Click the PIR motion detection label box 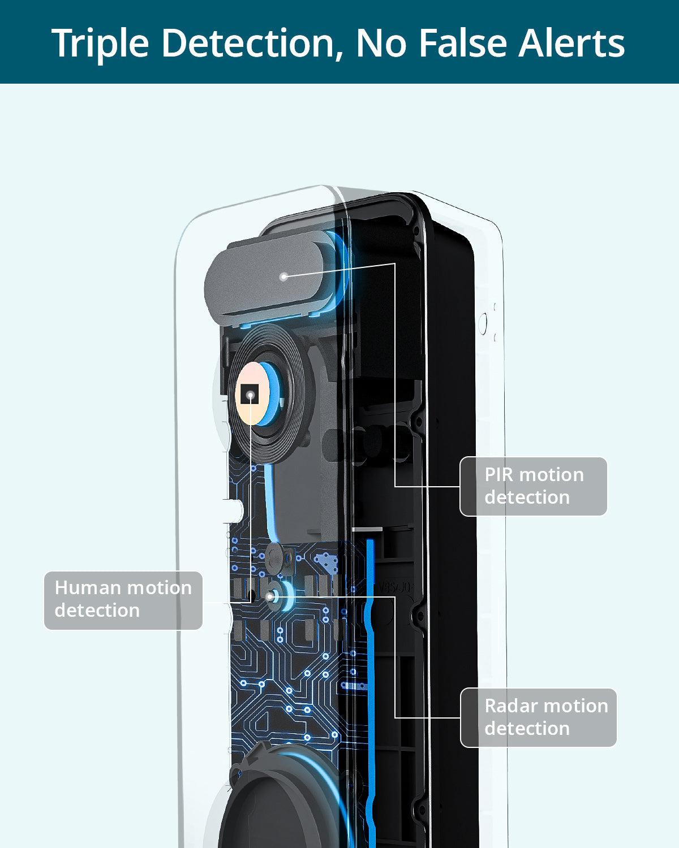point(534,486)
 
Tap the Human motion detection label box point(123,600)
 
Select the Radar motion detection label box point(538,717)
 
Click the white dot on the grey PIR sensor point(284,276)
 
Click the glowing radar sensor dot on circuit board point(273,596)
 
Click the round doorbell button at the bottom point(272,803)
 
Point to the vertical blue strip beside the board point(371,650)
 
